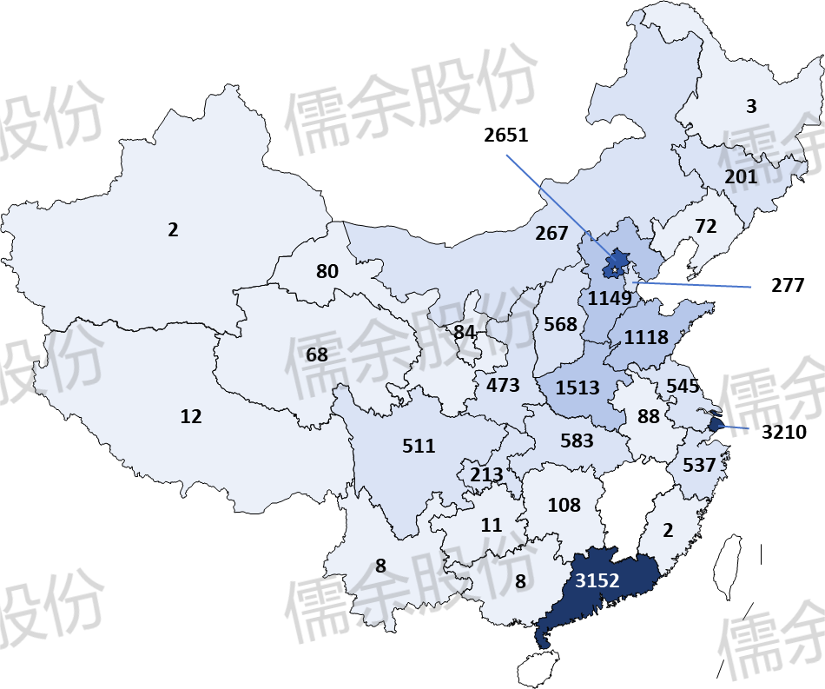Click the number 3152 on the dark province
(597, 580)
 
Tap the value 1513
(577, 388)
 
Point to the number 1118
(646, 337)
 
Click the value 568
(560, 324)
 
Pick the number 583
(577, 441)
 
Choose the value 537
(699, 465)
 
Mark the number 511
(419, 446)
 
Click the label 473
(503, 385)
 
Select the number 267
(551, 233)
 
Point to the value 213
(486, 475)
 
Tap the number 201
(741, 176)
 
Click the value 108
(564, 504)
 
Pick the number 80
(327, 271)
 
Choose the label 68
(317, 354)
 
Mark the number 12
(191, 416)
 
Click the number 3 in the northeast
(751, 106)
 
